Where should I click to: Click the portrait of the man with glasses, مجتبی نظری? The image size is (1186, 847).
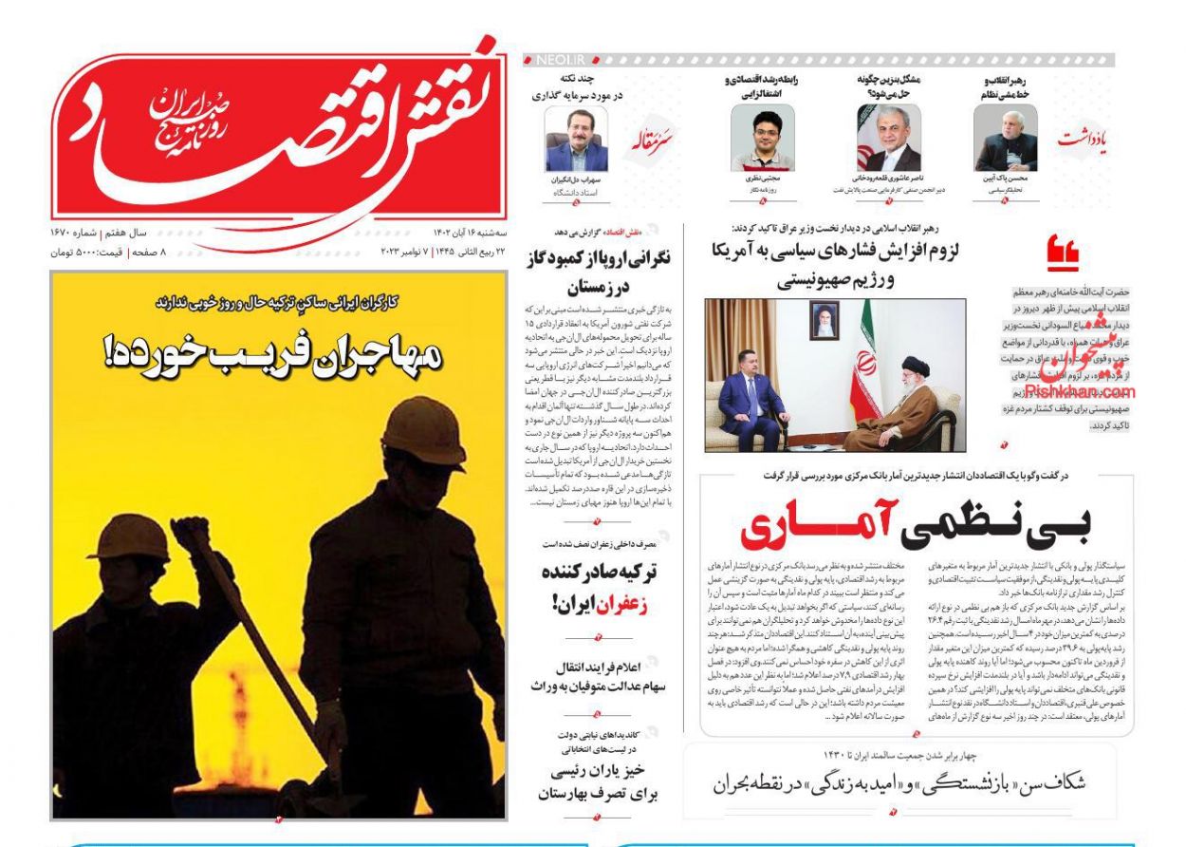click(x=762, y=139)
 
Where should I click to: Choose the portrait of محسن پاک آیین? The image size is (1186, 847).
click(x=1006, y=139)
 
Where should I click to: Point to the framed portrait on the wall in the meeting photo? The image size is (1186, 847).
click(x=823, y=321)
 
